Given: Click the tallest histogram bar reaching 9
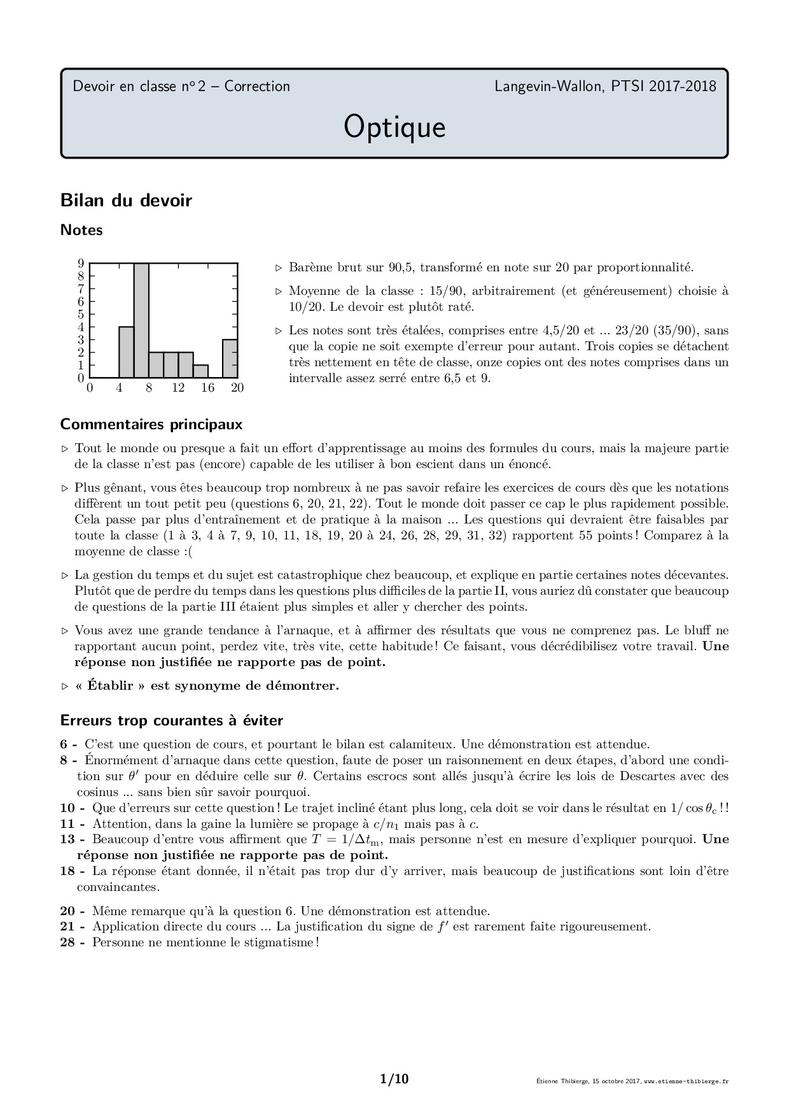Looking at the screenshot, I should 141,320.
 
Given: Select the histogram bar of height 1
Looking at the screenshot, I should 200,371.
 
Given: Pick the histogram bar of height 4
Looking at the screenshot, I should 126,352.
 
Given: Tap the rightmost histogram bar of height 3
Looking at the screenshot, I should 230,359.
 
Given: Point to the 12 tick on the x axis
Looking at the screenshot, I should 178,388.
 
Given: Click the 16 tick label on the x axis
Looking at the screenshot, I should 208,388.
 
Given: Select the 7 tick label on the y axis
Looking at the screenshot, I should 81,288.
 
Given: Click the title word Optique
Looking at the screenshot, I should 394,127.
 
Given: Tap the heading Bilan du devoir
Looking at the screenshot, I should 126,201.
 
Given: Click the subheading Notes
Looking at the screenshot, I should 81,231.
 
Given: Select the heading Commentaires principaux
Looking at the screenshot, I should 151,424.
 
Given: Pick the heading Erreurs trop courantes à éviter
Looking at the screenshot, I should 171,720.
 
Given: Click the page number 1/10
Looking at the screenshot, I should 394,1079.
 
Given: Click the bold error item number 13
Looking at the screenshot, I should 67,839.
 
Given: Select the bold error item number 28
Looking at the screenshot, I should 67,942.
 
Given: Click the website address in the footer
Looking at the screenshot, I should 687,1081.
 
